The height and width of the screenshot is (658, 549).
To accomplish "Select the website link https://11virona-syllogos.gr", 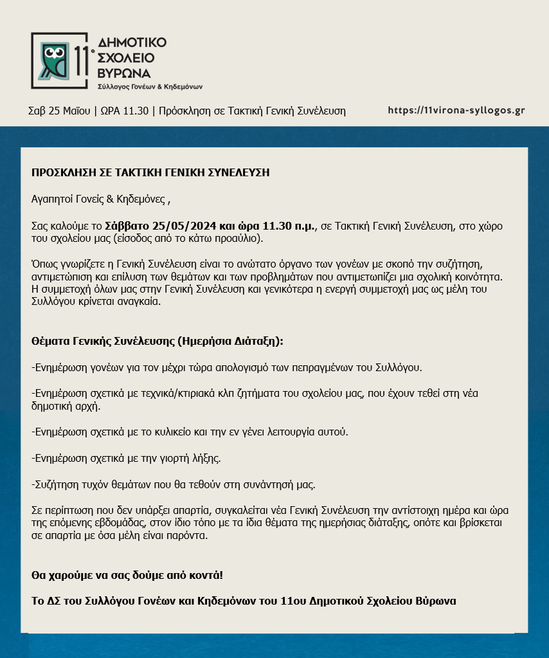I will tap(456, 110).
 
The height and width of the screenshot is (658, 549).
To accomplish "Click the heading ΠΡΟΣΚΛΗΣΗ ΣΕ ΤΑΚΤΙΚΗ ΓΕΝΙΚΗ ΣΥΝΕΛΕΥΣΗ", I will tap(150, 172).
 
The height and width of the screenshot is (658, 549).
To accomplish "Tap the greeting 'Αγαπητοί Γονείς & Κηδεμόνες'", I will tap(100, 199).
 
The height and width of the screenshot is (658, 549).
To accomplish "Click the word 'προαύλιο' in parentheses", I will tap(238, 239).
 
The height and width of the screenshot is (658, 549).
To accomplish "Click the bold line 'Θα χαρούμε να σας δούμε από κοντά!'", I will tap(127, 574).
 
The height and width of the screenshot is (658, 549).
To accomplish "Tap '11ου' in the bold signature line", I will tap(294, 601).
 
